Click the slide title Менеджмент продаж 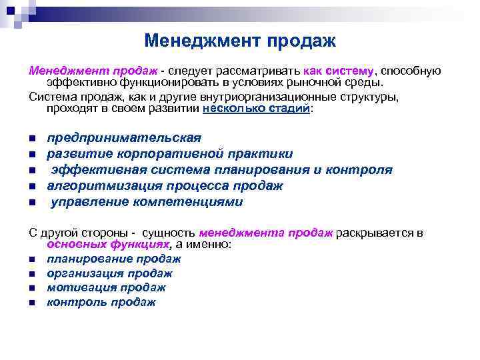point(240,41)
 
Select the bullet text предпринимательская point(123,138)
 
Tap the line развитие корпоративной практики point(169,154)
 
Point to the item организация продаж point(109,273)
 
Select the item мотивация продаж point(106,287)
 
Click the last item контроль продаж point(101,302)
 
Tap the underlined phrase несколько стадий point(256,109)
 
